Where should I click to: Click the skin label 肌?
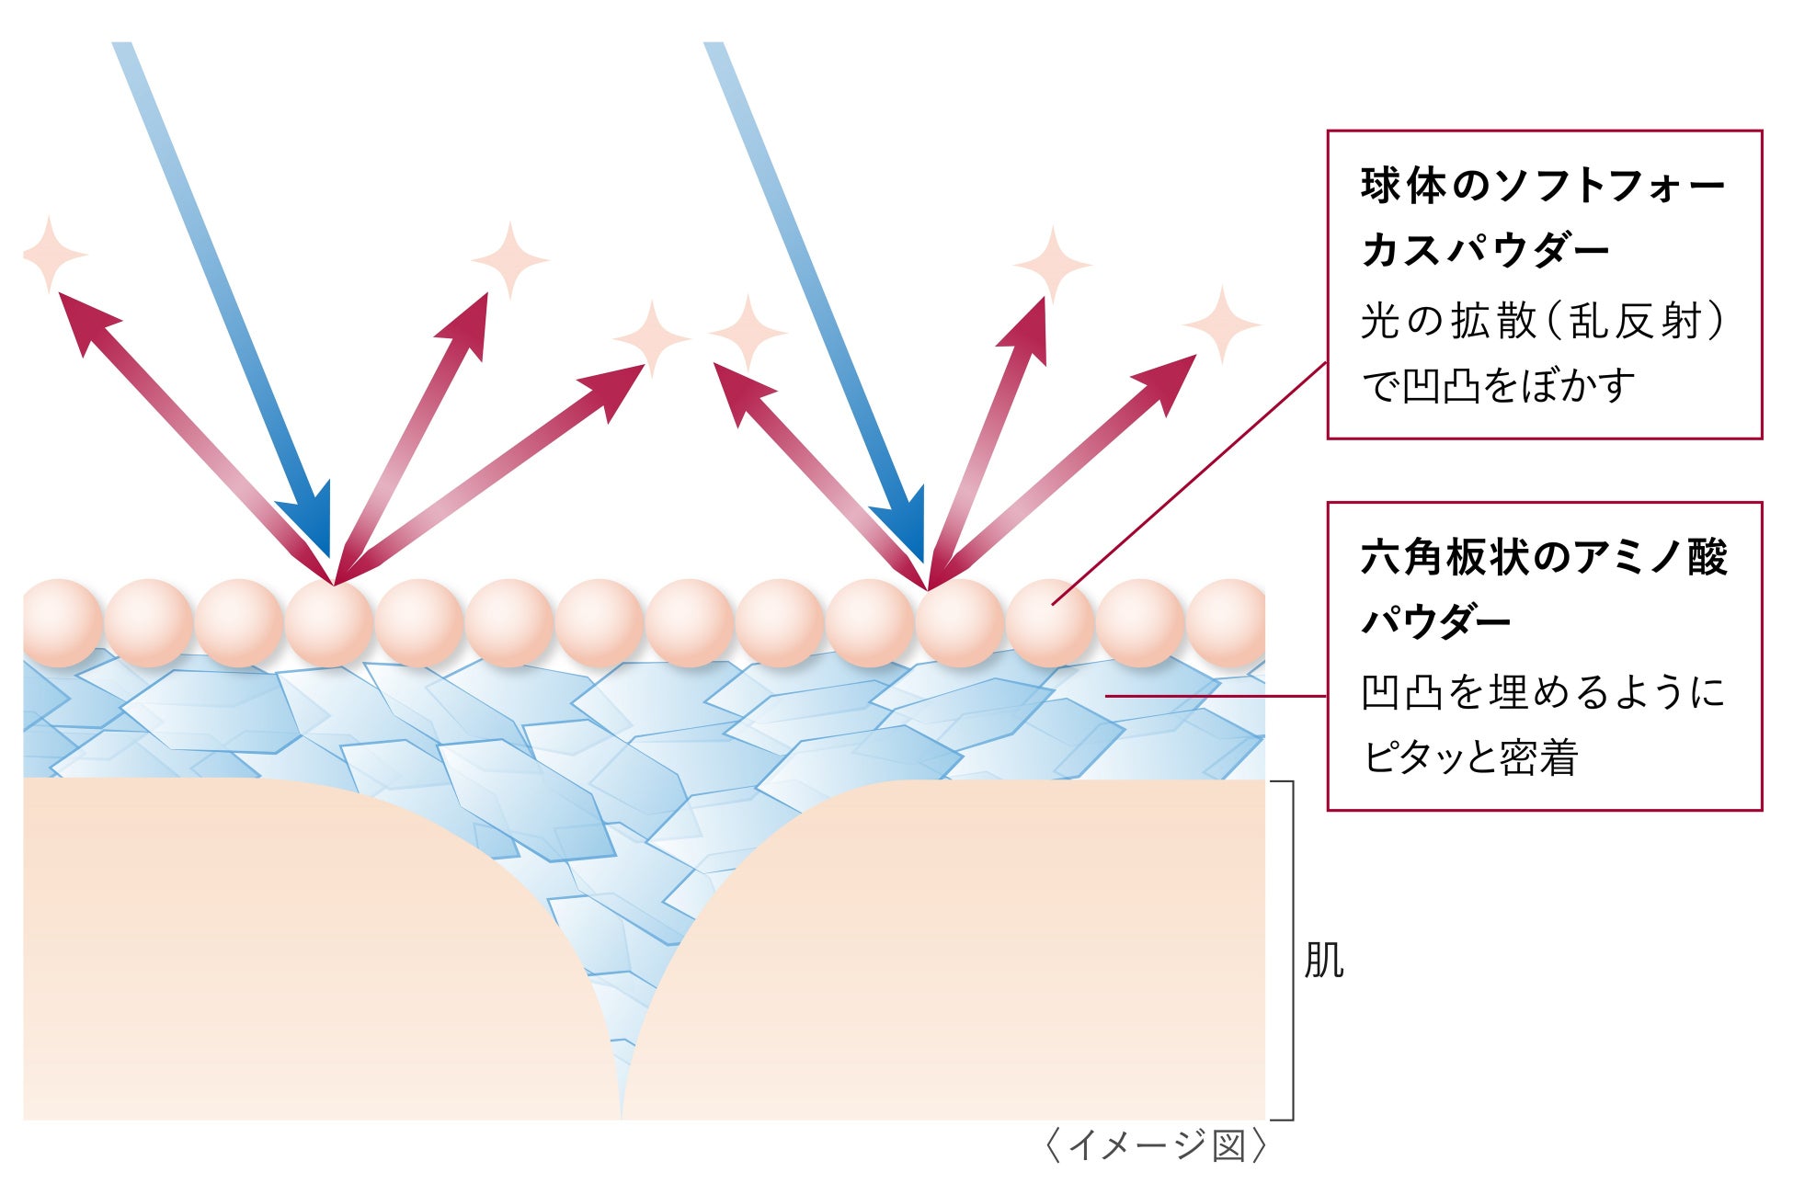(x=1323, y=961)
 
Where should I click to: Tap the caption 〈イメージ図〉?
(x=1156, y=1146)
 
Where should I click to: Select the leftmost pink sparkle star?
(x=53, y=254)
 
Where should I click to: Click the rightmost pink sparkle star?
(x=1221, y=324)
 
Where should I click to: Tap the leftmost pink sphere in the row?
(x=61, y=623)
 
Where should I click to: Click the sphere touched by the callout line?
(x=1050, y=623)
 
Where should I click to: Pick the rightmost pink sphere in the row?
(x=1228, y=623)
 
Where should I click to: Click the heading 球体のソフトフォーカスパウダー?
(x=1542, y=218)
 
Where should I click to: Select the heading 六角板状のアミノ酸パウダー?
(x=1544, y=589)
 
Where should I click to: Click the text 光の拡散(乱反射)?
(x=1542, y=322)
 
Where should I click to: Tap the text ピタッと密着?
(x=1469, y=757)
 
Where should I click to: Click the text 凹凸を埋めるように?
(x=1542, y=692)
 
